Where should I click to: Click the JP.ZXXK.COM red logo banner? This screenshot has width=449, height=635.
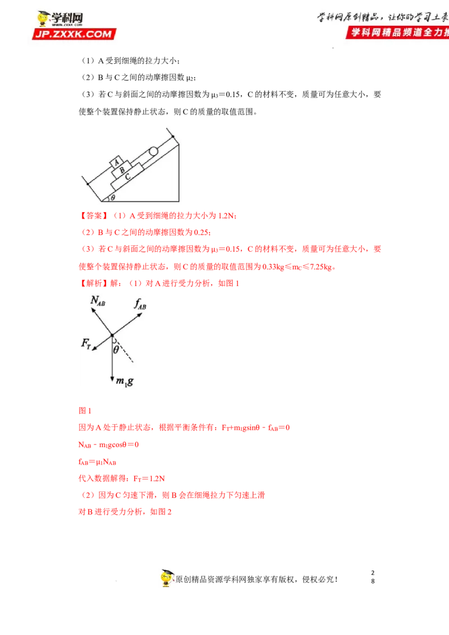(x=74, y=34)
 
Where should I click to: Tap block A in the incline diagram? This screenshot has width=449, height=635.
(x=117, y=162)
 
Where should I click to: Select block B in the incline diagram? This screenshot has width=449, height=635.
(x=122, y=170)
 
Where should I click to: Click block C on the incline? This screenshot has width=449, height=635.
(x=127, y=177)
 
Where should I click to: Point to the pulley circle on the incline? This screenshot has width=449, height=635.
(x=153, y=151)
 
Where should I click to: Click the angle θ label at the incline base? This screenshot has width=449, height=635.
(x=113, y=197)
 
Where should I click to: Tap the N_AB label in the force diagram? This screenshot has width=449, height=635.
(x=98, y=301)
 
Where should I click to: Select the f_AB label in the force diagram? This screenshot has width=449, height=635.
(x=140, y=303)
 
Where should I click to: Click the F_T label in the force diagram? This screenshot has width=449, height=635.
(x=86, y=344)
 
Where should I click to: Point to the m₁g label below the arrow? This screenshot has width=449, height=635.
(x=125, y=381)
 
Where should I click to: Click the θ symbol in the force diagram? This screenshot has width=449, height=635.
(x=116, y=349)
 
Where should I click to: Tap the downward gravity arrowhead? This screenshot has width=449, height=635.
(x=112, y=379)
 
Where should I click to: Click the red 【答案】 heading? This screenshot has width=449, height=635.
(x=94, y=215)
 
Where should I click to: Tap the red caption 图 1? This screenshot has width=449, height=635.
(x=85, y=411)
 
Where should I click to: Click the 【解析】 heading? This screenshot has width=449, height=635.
(x=94, y=283)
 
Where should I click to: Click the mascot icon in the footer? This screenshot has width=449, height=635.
(x=167, y=578)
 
